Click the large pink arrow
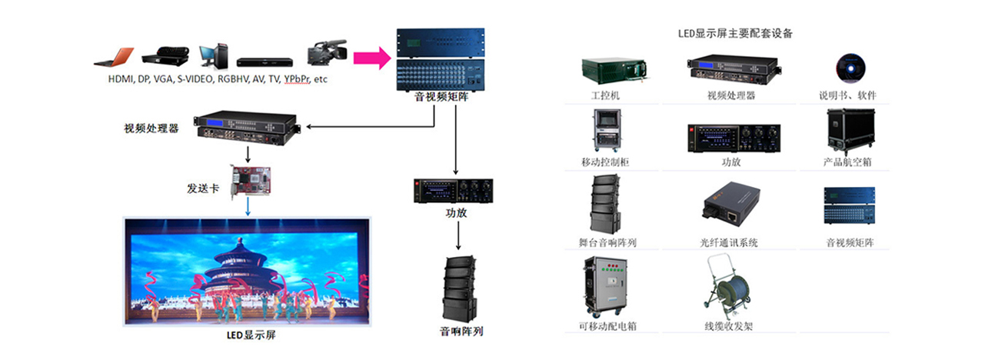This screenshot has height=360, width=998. tap(372, 57)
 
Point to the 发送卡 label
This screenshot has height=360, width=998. tap(204, 188)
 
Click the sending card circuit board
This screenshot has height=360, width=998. tap(251, 182)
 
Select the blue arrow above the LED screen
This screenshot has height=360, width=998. tap(247, 208)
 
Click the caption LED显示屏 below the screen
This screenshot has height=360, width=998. tap(247, 336)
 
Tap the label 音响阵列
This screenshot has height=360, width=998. tap(461, 332)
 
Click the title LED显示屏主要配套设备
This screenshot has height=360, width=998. tap(735, 34)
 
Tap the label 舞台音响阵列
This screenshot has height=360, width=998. tap(607, 243)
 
